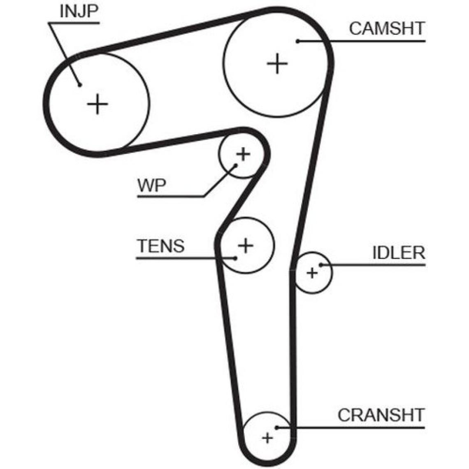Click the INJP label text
tap(79, 12)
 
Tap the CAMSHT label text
tap(387, 28)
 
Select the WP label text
tap(152, 186)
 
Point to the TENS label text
tap(161, 246)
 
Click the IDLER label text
tap(398, 253)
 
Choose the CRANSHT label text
tap(381, 415)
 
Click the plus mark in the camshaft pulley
tap(277, 64)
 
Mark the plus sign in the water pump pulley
tap(243, 155)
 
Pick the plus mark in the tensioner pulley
tap(246, 246)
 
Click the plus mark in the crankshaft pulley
tap(268, 438)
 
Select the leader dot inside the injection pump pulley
tap(79, 85)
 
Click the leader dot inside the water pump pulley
tap(237, 165)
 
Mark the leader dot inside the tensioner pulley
tap(235, 258)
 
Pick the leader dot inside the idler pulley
tap(320, 265)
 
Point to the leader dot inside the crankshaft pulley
tap(277, 427)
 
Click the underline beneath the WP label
tap(171, 197)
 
